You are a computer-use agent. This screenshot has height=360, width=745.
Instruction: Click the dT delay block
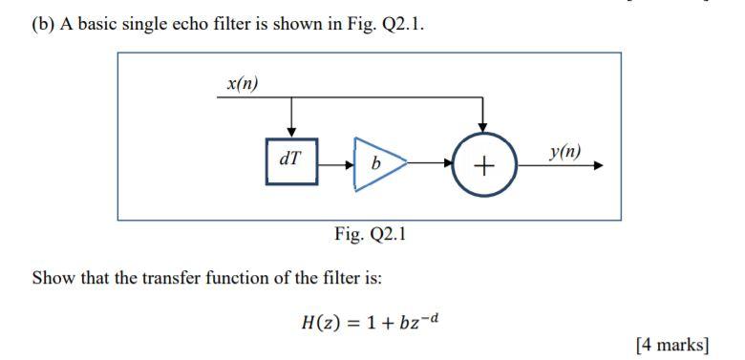291,161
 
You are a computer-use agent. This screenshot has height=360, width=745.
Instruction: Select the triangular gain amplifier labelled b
378,163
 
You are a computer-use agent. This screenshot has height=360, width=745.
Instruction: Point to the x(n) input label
242,83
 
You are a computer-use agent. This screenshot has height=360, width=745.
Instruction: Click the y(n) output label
564,151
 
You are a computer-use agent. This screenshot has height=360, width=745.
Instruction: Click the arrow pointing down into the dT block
291,130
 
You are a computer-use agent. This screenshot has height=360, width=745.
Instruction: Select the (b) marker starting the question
42,24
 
